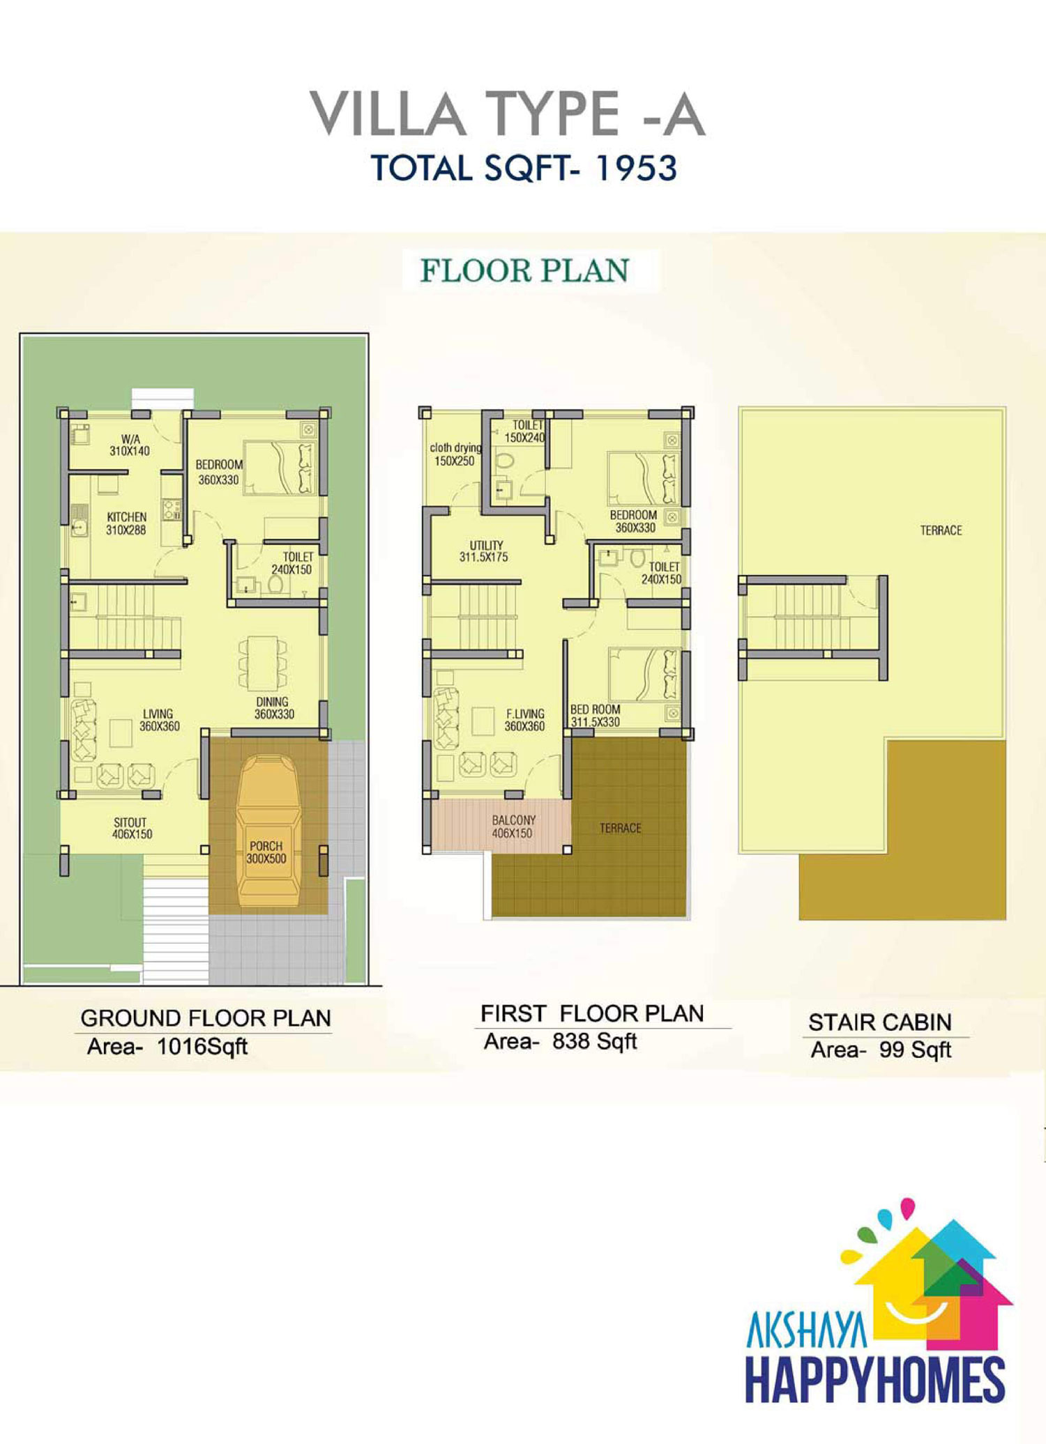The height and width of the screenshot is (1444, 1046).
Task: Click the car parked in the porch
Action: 268,831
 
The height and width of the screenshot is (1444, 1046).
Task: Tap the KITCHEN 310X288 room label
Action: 126,523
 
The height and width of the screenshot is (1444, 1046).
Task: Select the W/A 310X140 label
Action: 130,445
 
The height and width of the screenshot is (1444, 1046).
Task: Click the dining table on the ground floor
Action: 262,663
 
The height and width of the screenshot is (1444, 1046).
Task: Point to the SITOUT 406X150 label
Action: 131,828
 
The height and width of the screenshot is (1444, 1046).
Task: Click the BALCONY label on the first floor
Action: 514,820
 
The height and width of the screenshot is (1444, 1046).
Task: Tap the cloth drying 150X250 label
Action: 455,454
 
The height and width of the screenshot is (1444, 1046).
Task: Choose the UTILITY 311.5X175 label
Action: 484,551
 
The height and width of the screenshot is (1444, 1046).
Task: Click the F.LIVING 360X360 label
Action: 525,720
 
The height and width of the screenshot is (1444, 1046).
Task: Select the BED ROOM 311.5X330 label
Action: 595,716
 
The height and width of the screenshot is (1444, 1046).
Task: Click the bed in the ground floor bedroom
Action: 280,468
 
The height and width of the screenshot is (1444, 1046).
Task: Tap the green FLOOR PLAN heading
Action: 524,270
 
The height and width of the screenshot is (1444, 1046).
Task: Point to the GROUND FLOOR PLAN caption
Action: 206,1018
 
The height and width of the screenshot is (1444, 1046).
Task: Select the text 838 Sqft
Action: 595,1041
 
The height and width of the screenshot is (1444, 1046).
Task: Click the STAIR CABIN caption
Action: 880,1022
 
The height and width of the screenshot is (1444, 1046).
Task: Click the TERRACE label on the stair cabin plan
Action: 941,530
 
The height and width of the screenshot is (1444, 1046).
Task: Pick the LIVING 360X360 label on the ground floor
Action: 160,720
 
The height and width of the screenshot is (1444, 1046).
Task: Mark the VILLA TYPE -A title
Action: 508,114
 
